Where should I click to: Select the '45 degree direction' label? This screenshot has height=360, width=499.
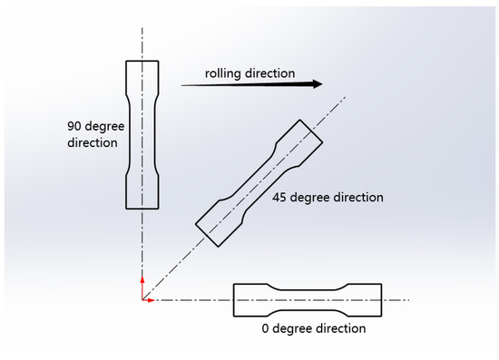click(x=328, y=197)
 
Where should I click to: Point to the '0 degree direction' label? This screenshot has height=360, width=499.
click(x=314, y=328)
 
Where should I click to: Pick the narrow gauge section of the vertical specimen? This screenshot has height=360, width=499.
click(x=142, y=132)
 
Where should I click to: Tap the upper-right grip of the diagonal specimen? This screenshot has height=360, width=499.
click(x=305, y=141)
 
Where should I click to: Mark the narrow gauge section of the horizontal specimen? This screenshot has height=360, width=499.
click(x=308, y=299)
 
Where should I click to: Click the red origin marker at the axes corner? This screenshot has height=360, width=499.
click(x=142, y=299)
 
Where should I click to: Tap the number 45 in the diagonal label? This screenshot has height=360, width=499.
click(x=280, y=197)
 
